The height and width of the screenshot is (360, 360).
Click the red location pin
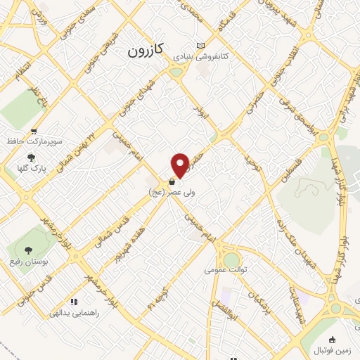click(180, 165)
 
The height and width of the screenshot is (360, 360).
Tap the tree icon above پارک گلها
click(30, 157)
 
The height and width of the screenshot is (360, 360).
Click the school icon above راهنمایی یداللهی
click(75, 302)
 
